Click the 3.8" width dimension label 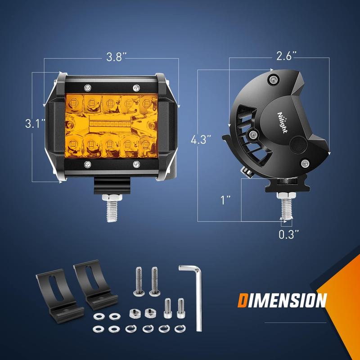pos(117,57)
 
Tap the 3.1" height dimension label pos(35,124)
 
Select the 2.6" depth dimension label pos(286,56)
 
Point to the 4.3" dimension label pos(201,139)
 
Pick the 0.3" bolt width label pos(289,234)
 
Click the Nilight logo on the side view pos(283,122)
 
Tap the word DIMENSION pos(282,300)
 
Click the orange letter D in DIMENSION pos(243,300)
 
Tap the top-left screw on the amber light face pos(87,88)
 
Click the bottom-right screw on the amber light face pos(136,164)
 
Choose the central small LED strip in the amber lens pos(110,124)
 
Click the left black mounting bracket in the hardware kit pos(59,296)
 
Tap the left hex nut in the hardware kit pos(135,313)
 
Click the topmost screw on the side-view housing pos(273,80)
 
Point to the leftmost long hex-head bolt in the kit pos(139,281)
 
